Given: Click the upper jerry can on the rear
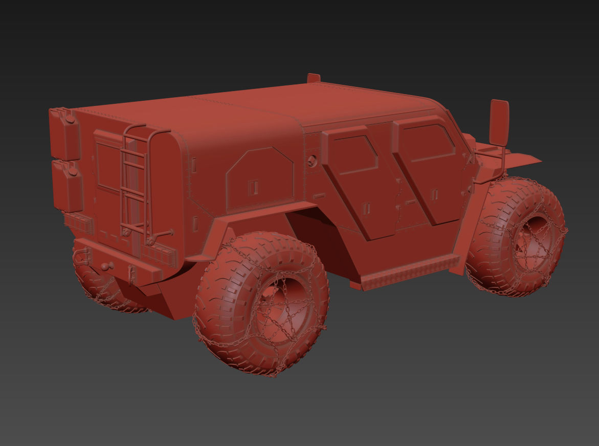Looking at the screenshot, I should (x=65, y=134).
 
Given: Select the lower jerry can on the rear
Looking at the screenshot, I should (x=68, y=186).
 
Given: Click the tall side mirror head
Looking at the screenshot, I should (x=499, y=122).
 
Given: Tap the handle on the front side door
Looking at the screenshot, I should (x=434, y=194).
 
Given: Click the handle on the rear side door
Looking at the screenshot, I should (x=366, y=208).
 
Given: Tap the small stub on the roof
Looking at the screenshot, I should (x=314, y=78).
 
